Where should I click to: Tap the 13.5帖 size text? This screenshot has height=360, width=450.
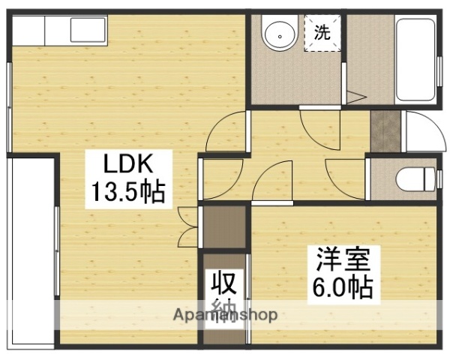click(128, 194)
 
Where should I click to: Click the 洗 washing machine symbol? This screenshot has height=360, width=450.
click(322, 32)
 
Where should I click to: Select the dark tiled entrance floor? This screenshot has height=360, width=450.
click(387, 131)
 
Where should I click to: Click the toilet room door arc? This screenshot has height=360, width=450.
click(344, 174)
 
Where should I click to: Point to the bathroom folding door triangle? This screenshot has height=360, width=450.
click(355, 97)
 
